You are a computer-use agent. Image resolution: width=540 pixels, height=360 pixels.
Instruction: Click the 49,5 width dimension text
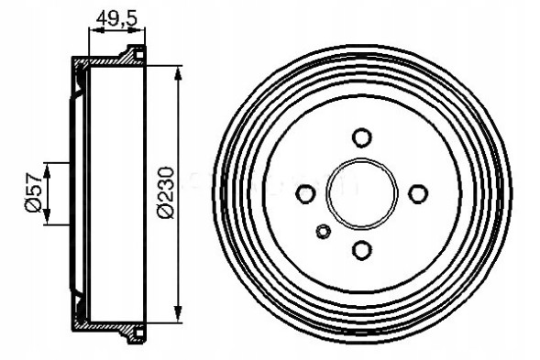(x=116, y=16)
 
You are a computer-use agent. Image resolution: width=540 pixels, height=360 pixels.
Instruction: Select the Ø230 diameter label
(x=166, y=192)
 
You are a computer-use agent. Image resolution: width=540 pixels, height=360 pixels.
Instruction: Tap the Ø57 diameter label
(x=32, y=192)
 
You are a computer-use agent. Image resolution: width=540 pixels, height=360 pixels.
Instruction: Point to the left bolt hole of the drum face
(x=306, y=193)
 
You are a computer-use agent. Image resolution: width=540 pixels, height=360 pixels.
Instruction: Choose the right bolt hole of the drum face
(x=418, y=193)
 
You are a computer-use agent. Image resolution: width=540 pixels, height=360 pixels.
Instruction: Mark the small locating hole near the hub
(x=323, y=231)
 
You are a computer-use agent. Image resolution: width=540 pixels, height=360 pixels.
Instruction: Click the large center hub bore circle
(x=362, y=193)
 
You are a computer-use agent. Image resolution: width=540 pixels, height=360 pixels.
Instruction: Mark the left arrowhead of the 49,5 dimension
(x=93, y=29)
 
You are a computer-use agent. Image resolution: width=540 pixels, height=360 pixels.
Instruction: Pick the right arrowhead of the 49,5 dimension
(x=140, y=29)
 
